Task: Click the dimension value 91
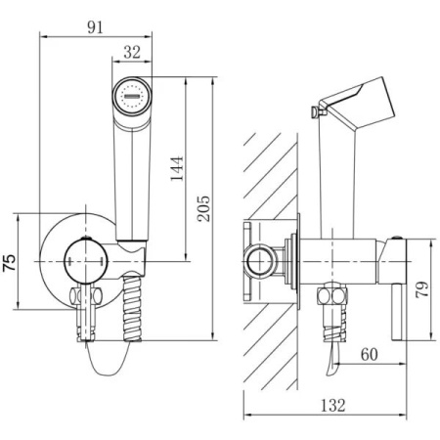click(x=95, y=27)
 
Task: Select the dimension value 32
click(x=132, y=52)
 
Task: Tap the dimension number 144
click(x=177, y=169)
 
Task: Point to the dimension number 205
click(x=204, y=208)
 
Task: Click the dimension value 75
click(x=9, y=263)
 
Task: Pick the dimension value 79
click(x=422, y=289)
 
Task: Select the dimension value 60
click(x=370, y=354)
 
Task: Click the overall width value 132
click(x=333, y=405)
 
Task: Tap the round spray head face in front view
click(x=132, y=97)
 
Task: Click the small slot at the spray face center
click(x=132, y=97)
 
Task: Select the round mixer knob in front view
click(x=85, y=261)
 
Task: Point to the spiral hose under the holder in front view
click(x=132, y=308)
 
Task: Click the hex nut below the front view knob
click(x=86, y=295)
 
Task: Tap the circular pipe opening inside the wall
click(x=260, y=262)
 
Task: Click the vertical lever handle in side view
click(x=399, y=312)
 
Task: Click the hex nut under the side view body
click(x=332, y=295)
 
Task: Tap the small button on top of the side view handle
click(x=397, y=238)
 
